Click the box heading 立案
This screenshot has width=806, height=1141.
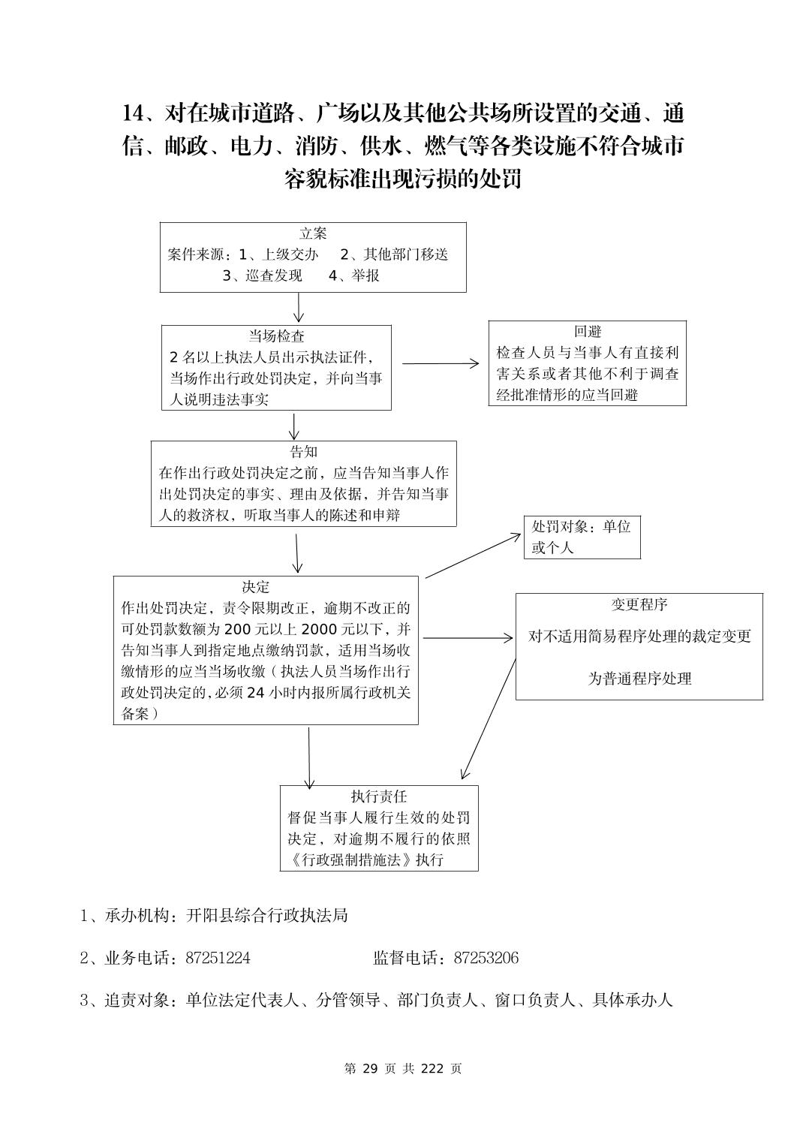pyautogui.click(x=313, y=233)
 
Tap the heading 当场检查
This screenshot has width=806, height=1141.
pyautogui.click(x=276, y=336)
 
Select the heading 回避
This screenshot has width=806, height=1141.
pyautogui.click(x=588, y=332)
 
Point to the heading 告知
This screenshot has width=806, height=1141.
pyautogui.click(x=303, y=451)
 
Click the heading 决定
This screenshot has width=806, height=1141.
pyautogui.click(x=255, y=587)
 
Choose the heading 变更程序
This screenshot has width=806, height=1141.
pyautogui.click(x=639, y=604)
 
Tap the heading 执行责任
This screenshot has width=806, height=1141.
pyautogui.click(x=378, y=796)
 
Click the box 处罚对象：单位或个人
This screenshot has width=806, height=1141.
pyautogui.click(x=582, y=537)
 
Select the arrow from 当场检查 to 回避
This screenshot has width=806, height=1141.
pyautogui.click(x=440, y=363)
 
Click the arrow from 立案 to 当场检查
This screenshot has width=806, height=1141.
pyautogui.click(x=299, y=308)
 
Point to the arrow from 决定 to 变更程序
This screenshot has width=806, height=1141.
pyautogui.click(x=466, y=638)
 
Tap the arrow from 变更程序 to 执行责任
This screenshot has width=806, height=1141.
pyautogui.click(x=489, y=719)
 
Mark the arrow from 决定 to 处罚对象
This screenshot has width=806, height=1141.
pyautogui.click(x=473, y=556)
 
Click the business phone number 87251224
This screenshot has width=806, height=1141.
pyautogui.click(x=218, y=958)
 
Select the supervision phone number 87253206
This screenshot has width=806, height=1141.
pyautogui.click(x=486, y=958)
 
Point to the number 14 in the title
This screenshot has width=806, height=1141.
pyautogui.click(x=131, y=113)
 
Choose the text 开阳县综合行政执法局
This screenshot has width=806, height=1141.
pyautogui.click(x=266, y=915)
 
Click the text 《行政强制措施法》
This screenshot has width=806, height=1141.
pyautogui.click(x=349, y=860)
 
